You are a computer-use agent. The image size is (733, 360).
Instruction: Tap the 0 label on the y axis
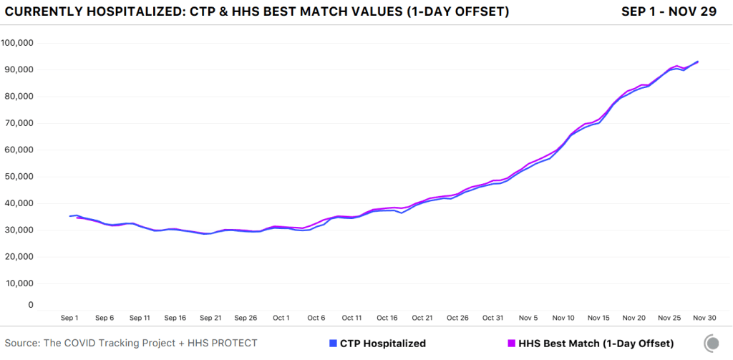[x=31, y=305]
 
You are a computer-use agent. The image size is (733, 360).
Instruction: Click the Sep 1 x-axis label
[x=69, y=318]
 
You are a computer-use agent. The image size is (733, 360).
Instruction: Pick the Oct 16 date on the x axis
[x=387, y=318]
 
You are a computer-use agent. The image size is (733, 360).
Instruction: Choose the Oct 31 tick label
[x=493, y=318]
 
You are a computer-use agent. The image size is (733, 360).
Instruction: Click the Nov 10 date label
[x=563, y=318]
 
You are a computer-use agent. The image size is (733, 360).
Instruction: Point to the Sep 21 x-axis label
[x=210, y=318]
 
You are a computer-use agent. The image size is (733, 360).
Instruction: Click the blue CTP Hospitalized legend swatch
[x=333, y=344]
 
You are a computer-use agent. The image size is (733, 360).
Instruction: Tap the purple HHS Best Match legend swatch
[x=510, y=344]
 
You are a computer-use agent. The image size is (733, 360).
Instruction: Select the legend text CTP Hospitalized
[x=382, y=344]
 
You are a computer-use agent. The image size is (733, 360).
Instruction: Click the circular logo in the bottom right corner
[x=712, y=344]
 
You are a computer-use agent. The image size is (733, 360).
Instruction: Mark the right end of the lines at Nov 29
[x=698, y=62]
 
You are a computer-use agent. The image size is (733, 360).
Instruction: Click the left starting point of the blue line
[x=70, y=215]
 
